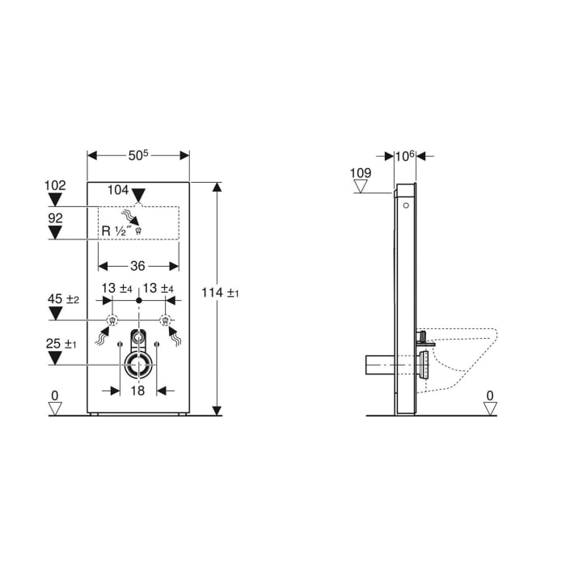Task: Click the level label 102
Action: click(55, 185)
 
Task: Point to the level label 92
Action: click(55, 218)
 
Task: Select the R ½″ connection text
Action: click(116, 230)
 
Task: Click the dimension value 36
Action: click(138, 264)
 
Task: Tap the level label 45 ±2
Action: click(61, 298)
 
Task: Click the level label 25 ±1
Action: click(61, 345)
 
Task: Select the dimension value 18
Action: click(138, 391)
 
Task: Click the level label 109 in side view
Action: click(361, 173)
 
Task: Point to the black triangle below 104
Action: click(139, 195)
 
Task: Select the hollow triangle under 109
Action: click(361, 188)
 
